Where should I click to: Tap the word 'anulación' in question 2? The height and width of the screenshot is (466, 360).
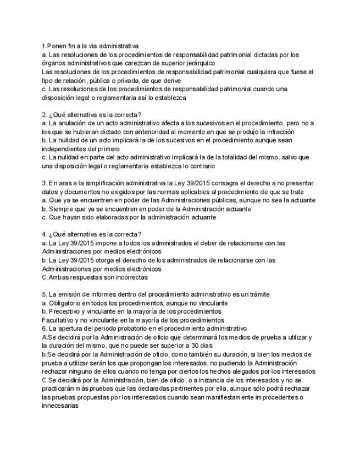(x=74, y=123)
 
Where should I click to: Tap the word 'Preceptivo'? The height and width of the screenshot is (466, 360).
(x=67, y=311)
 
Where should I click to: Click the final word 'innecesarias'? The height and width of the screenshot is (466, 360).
(x=60, y=406)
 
